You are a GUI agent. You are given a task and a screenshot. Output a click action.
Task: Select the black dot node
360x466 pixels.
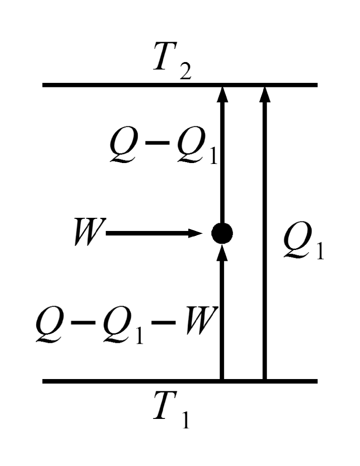tap(222, 234)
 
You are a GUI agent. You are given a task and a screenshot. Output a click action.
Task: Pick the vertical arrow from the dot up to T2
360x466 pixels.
tap(222, 159)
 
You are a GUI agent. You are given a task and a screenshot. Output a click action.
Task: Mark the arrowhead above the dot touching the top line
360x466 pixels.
tap(222, 94)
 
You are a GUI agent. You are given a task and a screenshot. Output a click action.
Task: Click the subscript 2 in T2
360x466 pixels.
tap(185, 73)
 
